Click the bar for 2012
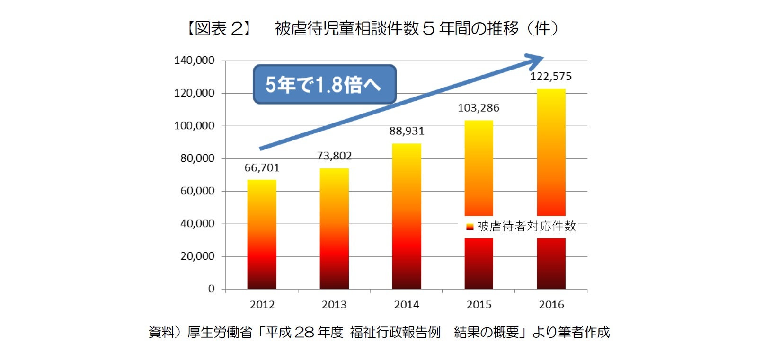262,234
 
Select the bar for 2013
334,228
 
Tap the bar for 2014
407,216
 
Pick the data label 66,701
262,168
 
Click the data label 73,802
334,156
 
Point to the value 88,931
407,131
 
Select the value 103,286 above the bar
479,108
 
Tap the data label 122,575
550,77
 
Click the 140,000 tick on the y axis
194,61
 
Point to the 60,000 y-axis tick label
197,191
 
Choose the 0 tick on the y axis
211,289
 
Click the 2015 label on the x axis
479,305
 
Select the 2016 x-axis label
551,305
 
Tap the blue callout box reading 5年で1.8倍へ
324,85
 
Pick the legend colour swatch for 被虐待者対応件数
470,227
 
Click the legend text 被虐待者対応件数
526,227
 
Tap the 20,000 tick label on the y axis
197,256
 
